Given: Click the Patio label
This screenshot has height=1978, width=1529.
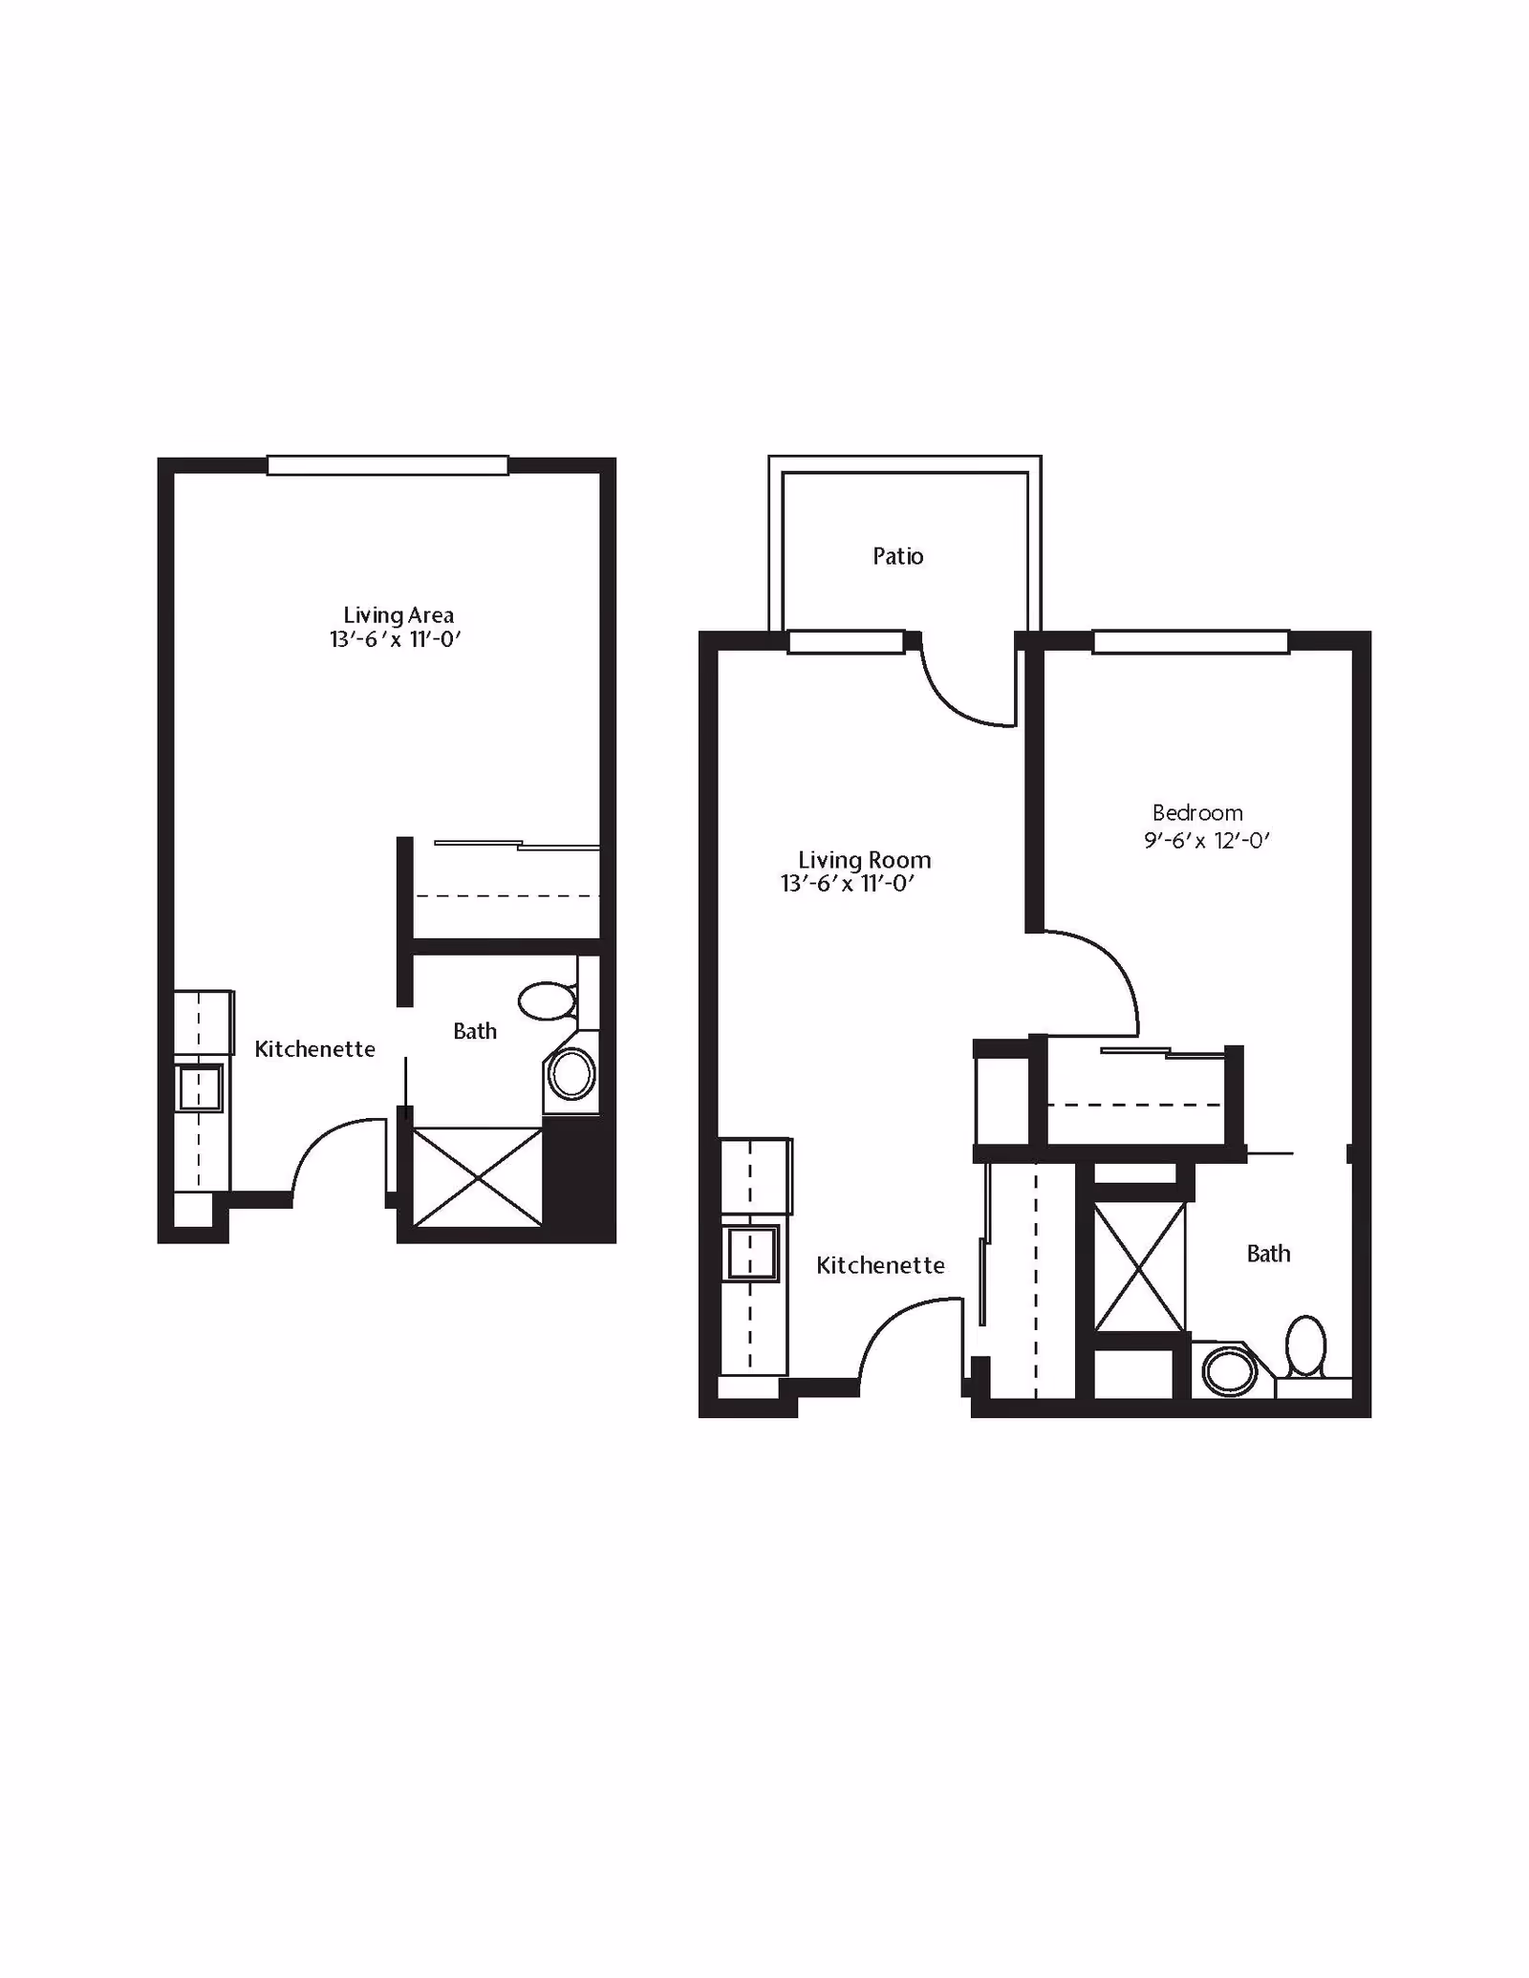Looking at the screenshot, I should [x=897, y=556].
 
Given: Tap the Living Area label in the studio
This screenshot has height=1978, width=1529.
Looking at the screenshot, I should [x=398, y=615].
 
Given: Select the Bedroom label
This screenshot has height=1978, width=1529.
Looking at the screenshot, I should [x=1197, y=813].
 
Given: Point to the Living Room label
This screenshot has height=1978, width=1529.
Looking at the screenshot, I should [x=864, y=860].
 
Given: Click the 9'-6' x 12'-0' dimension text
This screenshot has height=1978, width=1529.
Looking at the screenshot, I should [x=1206, y=841].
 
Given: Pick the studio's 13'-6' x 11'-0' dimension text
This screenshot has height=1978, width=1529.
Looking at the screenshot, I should [x=396, y=640].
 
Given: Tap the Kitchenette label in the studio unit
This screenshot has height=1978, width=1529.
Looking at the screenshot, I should [x=314, y=1049].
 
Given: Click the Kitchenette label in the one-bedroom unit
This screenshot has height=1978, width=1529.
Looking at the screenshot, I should [x=880, y=1265].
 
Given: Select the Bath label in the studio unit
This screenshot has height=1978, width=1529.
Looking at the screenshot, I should [x=475, y=1031].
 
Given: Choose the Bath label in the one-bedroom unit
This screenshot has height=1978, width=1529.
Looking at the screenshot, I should [x=1268, y=1254].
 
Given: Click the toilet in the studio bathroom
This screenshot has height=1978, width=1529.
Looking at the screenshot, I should [x=548, y=1000].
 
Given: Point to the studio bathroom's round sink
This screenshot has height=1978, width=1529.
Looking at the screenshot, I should [x=571, y=1075].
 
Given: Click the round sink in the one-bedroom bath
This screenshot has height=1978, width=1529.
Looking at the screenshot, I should [x=1228, y=1373].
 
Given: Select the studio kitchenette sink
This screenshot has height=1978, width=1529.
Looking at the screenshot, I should [x=200, y=1087].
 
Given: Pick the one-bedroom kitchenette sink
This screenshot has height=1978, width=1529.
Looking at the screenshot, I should [x=752, y=1253].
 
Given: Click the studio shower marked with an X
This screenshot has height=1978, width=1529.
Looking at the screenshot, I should [x=477, y=1177].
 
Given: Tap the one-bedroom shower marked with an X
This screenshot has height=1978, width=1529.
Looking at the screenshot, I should [x=1138, y=1267].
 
